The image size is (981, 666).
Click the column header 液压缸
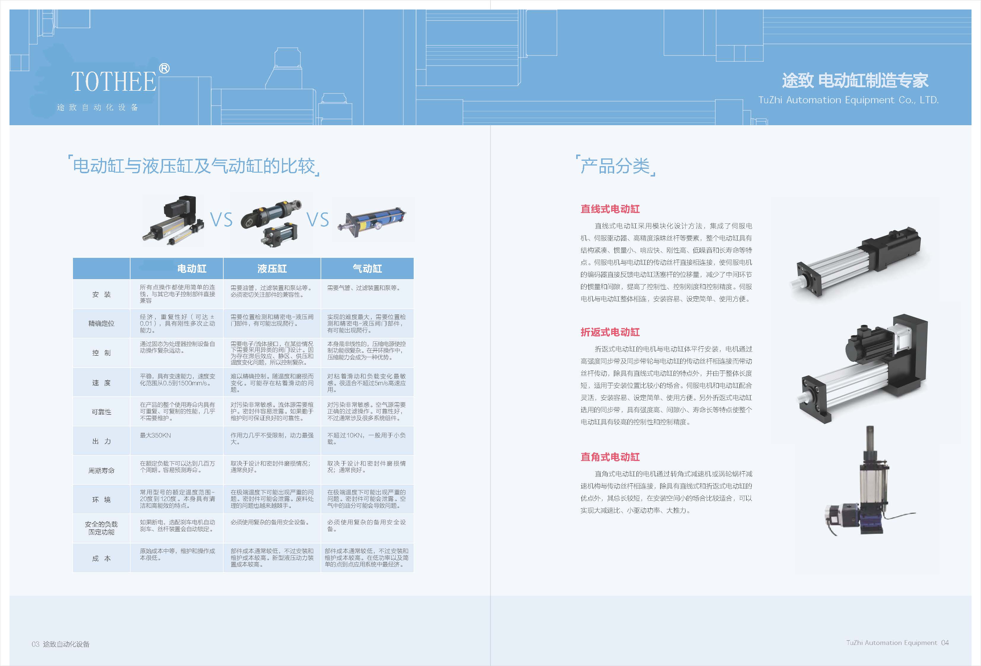click(x=272, y=268)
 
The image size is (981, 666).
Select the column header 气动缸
click(x=367, y=268)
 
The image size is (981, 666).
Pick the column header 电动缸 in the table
click(x=192, y=268)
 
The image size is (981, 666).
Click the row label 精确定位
click(x=101, y=323)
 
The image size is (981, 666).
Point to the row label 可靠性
click(x=101, y=412)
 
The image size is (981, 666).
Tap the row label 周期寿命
click(x=101, y=471)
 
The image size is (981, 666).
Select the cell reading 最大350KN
click(x=155, y=435)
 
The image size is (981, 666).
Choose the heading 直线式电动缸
click(x=610, y=209)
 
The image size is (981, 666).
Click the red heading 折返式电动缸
click(x=610, y=332)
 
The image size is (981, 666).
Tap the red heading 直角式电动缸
click(x=610, y=457)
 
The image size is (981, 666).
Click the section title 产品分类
click(x=615, y=166)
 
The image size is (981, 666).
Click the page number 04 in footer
click(x=945, y=643)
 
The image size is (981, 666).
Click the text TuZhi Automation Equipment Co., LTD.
click(x=848, y=100)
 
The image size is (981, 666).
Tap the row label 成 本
click(x=101, y=558)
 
